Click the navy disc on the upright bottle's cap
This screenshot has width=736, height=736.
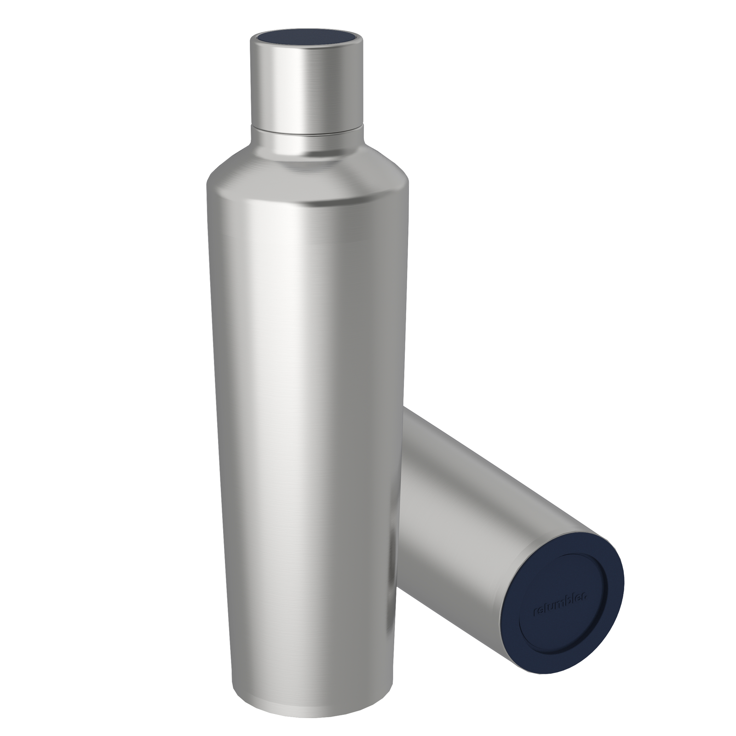(307, 38)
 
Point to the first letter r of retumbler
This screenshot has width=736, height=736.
(535, 613)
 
